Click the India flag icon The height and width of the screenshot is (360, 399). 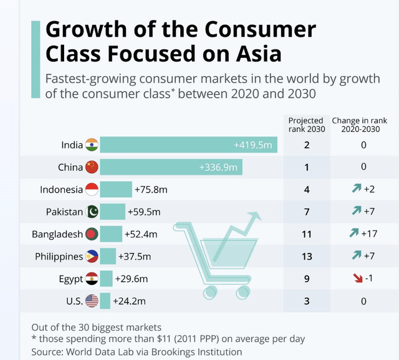coord(92,144)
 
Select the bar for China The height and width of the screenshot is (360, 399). coord(171,167)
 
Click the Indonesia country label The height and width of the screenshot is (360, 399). coord(61,189)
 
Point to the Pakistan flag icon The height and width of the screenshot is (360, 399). coord(92,212)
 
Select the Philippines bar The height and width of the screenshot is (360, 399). coord(108,257)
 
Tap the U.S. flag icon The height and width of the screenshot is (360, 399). coord(92,301)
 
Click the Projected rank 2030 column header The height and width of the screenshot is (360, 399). coord(307,125)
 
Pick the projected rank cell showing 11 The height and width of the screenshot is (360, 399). coord(307,234)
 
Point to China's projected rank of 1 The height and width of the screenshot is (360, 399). coord(307,167)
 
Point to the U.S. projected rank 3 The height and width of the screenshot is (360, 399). coord(307,301)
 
